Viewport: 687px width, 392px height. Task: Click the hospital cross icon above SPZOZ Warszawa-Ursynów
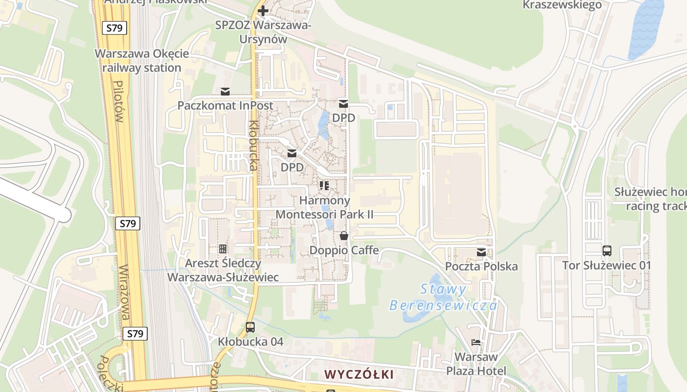[x=263, y=11]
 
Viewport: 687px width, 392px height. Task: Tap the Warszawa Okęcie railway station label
[x=138, y=61]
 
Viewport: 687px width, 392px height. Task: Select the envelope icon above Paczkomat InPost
[x=225, y=91]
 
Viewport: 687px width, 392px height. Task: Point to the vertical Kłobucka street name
[x=253, y=146]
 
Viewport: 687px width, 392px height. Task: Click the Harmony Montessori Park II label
[x=324, y=207]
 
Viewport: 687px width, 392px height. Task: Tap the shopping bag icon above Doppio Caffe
[x=344, y=236]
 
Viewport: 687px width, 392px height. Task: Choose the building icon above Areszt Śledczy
[x=223, y=249]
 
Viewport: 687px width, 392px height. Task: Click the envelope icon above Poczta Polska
[x=481, y=252]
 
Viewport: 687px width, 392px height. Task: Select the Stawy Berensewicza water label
[x=443, y=297]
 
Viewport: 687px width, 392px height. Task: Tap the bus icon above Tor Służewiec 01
[x=607, y=251]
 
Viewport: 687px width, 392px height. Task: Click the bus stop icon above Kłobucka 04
[x=250, y=327]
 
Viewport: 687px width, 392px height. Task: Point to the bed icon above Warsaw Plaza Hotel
[x=475, y=342]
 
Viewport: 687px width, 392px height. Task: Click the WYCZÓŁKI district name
[x=359, y=375]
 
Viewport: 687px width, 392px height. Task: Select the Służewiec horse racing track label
[x=650, y=198]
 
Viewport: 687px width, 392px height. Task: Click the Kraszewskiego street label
[x=562, y=5]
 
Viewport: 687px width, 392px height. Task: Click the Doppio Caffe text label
[x=344, y=250]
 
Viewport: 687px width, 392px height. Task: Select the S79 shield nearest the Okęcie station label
[x=114, y=28]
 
